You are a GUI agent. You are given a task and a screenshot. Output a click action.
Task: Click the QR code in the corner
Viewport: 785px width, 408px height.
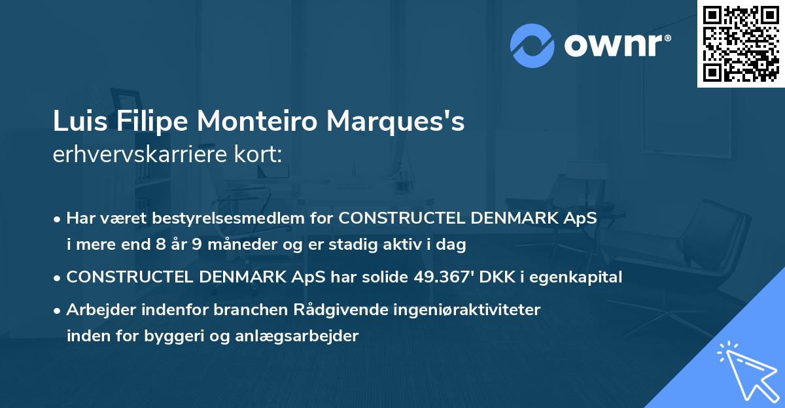point(741,43)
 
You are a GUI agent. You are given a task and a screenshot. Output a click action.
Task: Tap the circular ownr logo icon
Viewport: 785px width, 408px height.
point(532,46)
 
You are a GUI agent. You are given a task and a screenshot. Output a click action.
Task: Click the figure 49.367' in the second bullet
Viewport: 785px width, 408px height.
point(442,277)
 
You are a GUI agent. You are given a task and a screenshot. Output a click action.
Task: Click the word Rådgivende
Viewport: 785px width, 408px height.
point(313,310)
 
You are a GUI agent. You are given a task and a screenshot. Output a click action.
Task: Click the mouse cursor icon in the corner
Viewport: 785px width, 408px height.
point(746,370)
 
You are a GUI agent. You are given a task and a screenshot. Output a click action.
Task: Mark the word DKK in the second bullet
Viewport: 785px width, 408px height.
point(495,277)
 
